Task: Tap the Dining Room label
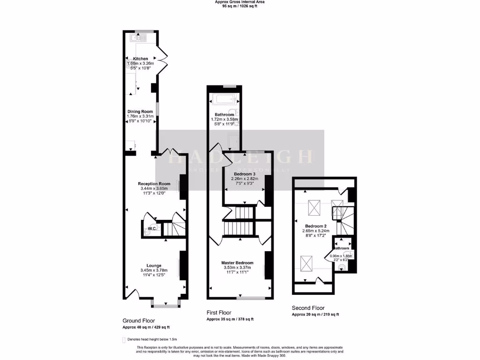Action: click(141, 112)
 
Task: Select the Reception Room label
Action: click(154, 183)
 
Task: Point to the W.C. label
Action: click(152, 229)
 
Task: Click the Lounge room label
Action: click(154, 265)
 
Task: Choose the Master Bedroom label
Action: click(237, 262)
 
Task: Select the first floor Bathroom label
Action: click(224, 114)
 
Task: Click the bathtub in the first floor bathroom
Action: click(223, 99)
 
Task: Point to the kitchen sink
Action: click(139, 37)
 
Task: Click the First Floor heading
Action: click(219, 313)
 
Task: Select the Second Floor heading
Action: click(308, 308)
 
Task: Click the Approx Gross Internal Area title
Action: click(240, 2)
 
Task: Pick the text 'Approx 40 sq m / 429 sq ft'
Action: click(146, 327)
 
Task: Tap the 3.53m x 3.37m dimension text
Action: click(237, 268)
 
